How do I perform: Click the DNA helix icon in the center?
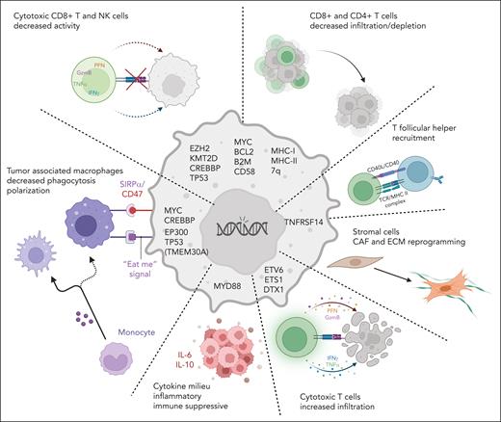pyautogui.click(x=240, y=227)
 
